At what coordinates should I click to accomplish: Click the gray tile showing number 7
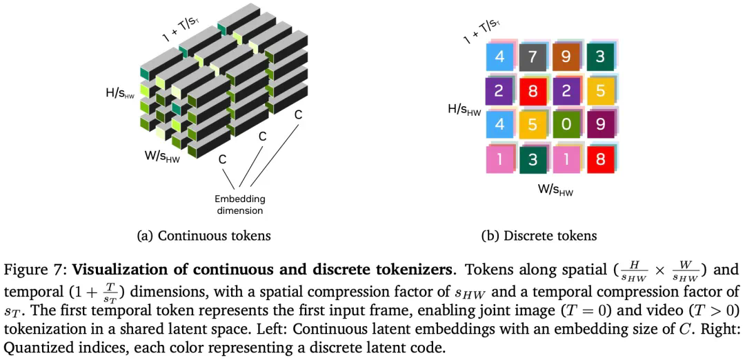[x=533, y=57]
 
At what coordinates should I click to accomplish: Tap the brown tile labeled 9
[x=566, y=57]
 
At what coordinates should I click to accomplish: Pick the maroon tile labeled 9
[x=599, y=126]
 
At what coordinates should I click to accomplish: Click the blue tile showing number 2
[x=566, y=91]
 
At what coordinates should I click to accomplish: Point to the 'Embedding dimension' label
[x=239, y=204]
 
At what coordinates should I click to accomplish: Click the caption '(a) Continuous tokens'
[x=204, y=236]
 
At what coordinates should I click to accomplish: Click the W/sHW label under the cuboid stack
[x=162, y=156]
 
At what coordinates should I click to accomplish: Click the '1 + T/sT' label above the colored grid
[x=481, y=31]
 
